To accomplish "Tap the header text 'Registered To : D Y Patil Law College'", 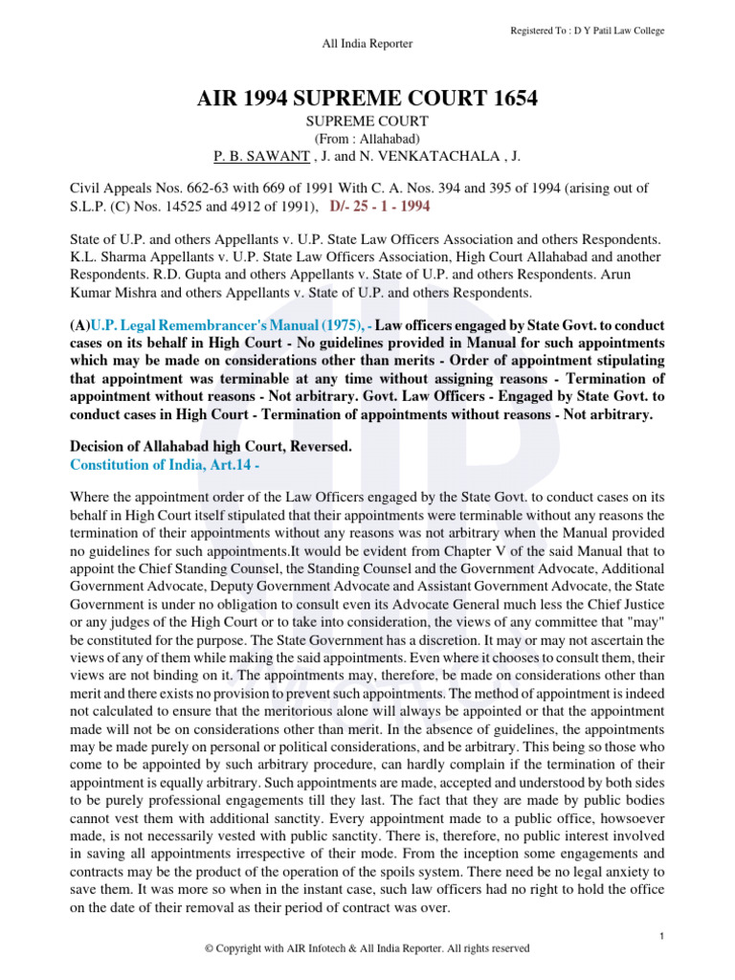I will tap(588, 31).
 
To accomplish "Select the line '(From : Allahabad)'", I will tap(367, 139).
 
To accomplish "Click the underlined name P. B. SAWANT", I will tap(254, 157).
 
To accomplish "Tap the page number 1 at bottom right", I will tap(661, 934).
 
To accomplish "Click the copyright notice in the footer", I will tap(367, 948).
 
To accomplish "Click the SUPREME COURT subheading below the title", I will tap(367, 122).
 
